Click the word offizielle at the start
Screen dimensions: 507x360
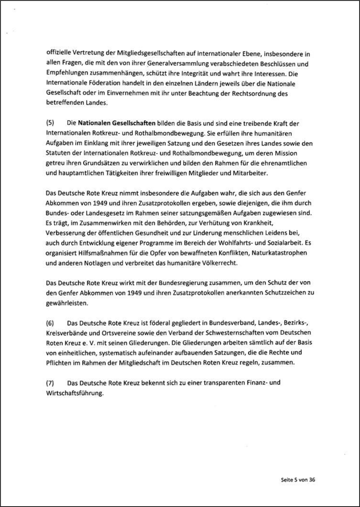click(59, 54)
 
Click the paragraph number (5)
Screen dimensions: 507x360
click(50, 123)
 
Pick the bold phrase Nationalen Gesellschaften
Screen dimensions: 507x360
click(117, 123)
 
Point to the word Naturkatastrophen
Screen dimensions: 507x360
click(279, 253)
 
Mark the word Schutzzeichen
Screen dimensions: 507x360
click(286, 292)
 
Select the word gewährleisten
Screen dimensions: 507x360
click(67, 303)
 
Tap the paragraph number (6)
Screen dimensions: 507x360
click(50, 323)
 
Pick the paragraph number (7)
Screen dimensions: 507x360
click(50, 383)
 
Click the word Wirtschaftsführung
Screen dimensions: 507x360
click(75, 393)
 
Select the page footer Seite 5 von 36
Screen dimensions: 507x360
click(298, 480)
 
